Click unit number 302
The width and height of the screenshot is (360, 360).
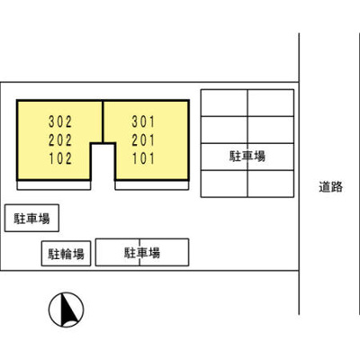[x=60, y=121]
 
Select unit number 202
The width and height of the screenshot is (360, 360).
[x=60, y=140]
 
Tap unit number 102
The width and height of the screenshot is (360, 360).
[x=60, y=158]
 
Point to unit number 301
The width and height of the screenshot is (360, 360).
[x=143, y=121]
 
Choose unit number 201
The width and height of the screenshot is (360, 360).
[x=143, y=140]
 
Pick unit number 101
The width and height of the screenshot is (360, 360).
[x=143, y=158]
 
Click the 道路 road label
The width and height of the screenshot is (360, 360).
[x=330, y=187]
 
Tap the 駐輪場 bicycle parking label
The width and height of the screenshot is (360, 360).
[x=66, y=254]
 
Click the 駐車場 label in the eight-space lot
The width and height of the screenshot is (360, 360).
[x=247, y=157]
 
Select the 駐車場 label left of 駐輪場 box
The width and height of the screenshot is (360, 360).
[x=31, y=219]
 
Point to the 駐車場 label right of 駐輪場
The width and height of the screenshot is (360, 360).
[x=142, y=253]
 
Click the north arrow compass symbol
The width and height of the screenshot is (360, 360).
[x=67, y=310]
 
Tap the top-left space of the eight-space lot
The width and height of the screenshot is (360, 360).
[x=224, y=103]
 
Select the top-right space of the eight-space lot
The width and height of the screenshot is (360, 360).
[x=271, y=103]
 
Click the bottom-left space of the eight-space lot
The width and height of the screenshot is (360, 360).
[x=224, y=184]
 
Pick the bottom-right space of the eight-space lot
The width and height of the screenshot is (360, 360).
[x=271, y=184]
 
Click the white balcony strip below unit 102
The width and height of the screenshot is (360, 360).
[x=54, y=185]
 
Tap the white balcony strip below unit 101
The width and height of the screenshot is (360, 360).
[x=152, y=185]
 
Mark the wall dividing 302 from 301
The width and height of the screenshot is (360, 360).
[x=103, y=121]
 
